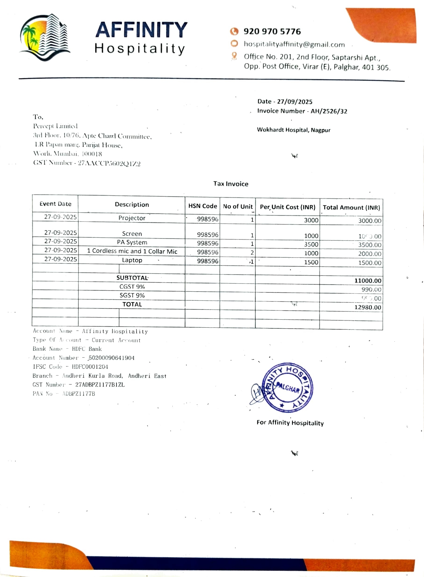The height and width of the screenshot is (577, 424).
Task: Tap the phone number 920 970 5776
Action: click(272, 31)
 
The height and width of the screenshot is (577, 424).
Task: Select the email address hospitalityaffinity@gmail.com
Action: click(294, 44)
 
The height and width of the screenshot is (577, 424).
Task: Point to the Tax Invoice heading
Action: click(231, 184)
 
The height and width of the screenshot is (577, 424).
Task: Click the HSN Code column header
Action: click(202, 206)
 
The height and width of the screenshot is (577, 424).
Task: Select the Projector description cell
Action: click(132, 218)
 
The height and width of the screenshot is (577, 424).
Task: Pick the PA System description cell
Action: click(132, 242)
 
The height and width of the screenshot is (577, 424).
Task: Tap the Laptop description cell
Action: click(132, 260)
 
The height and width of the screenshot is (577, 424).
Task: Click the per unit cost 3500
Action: click(311, 244)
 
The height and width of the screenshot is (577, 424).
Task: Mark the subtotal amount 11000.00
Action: click(367, 280)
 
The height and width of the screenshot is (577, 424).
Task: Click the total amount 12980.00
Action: click(367, 307)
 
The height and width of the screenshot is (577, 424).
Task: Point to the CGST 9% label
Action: click(132, 287)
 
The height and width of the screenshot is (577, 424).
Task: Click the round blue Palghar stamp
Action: click(287, 387)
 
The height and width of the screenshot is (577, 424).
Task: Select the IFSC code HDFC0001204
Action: click(90, 367)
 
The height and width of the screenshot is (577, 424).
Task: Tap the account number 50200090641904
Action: click(111, 358)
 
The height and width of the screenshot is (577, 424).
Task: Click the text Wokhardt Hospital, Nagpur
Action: click(294, 130)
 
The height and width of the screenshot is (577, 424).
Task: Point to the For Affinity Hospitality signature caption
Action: click(290, 423)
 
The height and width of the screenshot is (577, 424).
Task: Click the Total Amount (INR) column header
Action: click(351, 207)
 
